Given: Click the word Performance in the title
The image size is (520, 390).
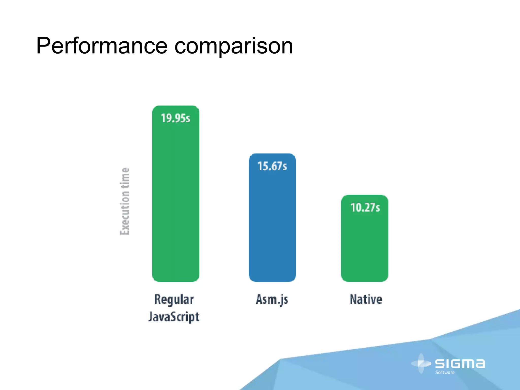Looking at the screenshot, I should tap(102, 46).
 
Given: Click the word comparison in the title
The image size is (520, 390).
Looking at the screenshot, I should tap(234, 47).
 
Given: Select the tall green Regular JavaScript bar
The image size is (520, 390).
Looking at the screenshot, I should tap(176, 203).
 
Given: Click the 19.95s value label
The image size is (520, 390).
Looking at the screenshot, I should tap(176, 118).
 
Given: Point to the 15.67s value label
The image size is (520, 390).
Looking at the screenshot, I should tap(272, 166).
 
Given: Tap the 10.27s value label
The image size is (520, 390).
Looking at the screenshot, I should tap(365, 208).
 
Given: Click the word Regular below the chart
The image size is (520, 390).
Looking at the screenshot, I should tap(174, 300).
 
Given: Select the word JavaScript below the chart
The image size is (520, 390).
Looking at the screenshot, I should tap(174, 317).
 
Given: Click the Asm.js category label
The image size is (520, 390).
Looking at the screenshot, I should tap(272, 300).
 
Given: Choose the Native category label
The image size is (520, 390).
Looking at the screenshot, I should tap(366, 299).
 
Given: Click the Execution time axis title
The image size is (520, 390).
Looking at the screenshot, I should tap(125, 201).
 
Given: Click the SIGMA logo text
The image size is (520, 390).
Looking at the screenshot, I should tap(460, 364).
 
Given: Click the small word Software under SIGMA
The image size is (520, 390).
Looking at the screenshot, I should tap(445, 372).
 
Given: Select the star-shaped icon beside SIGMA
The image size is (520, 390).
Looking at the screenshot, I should tap(421, 364).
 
